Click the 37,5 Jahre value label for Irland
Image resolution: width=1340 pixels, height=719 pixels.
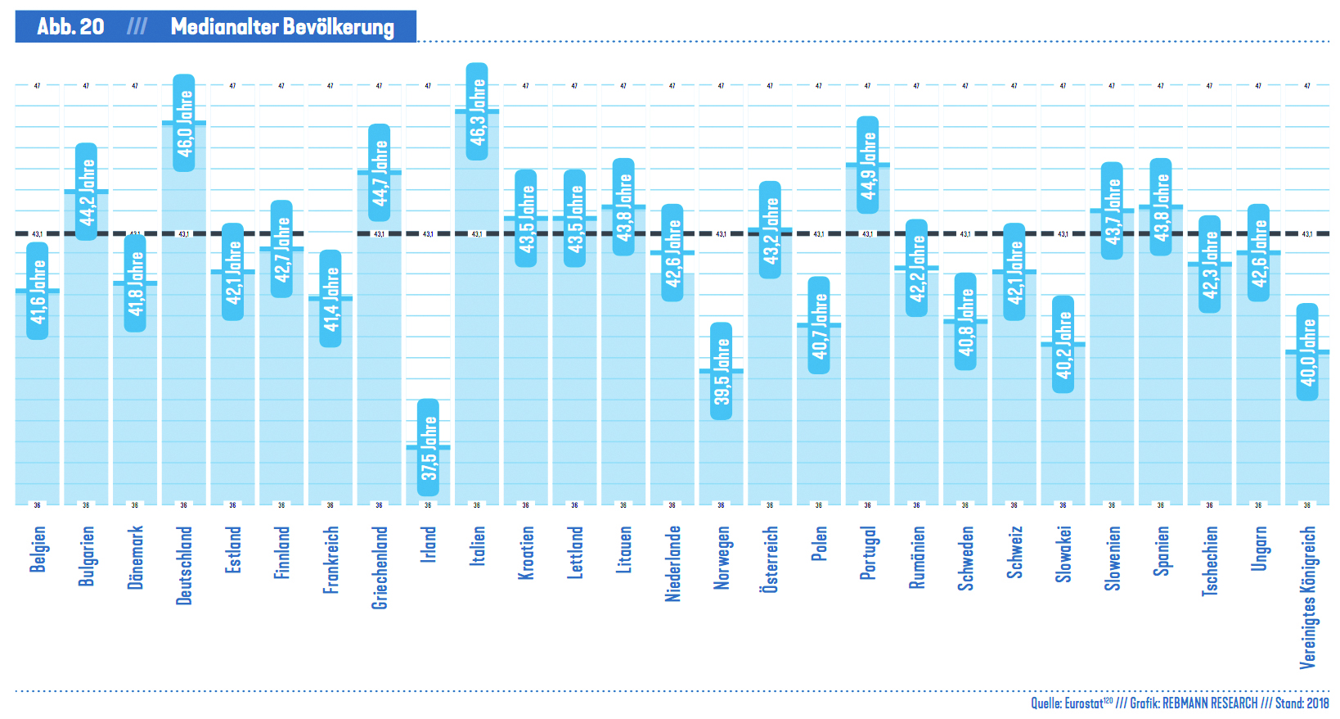(x=428, y=447)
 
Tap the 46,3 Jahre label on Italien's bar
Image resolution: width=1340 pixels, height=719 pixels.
(x=477, y=111)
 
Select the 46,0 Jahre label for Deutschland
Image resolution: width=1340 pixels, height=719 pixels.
(x=184, y=123)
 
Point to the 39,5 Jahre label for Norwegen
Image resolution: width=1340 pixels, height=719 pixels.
(x=722, y=371)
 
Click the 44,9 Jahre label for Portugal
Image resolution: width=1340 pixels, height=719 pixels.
(x=868, y=165)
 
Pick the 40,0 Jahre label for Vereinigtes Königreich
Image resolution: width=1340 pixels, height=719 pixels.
(x=1307, y=351)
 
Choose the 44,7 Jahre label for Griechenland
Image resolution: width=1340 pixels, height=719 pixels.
(x=380, y=172)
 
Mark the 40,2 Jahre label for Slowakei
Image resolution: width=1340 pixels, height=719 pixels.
(x=1063, y=344)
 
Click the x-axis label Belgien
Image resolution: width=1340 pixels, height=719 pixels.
(x=38, y=549)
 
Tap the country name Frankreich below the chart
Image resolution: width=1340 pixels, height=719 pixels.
(x=331, y=559)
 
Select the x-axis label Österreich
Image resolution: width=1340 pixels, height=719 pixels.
(x=770, y=558)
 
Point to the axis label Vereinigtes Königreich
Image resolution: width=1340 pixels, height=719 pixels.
(x=1307, y=597)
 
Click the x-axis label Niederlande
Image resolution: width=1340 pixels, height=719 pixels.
(x=672, y=563)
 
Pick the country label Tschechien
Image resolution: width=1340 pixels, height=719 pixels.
(x=1210, y=561)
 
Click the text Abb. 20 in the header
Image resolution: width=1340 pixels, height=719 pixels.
(x=70, y=27)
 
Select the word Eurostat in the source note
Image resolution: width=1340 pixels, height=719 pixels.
(x=1083, y=703)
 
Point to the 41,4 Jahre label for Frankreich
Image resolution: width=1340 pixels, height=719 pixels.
(x=331, y=298)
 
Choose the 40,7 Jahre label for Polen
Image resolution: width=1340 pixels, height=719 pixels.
(x=819, y=325)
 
